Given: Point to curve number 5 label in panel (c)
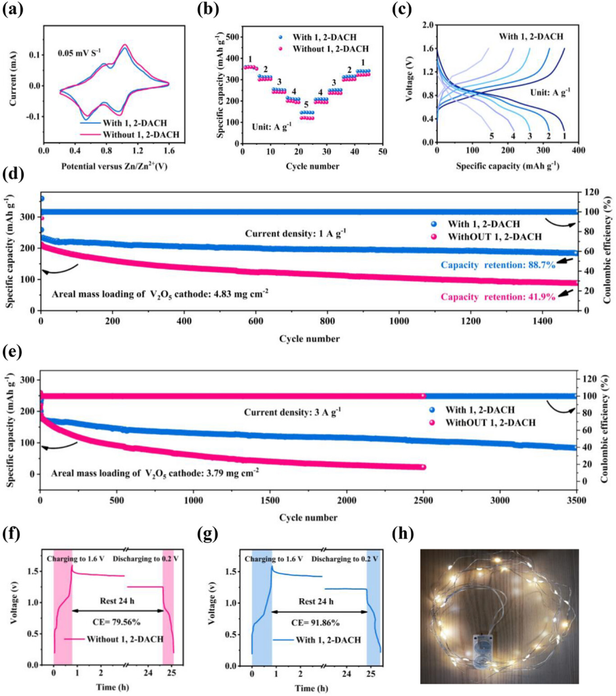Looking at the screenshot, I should click(491, 136).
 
